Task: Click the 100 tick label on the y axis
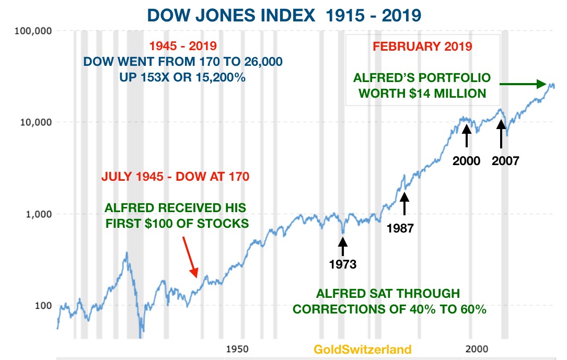43,306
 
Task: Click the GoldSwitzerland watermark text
362,350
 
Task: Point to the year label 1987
400,228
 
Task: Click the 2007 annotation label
505,161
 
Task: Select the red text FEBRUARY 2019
422,46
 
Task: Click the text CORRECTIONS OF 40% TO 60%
389,309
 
